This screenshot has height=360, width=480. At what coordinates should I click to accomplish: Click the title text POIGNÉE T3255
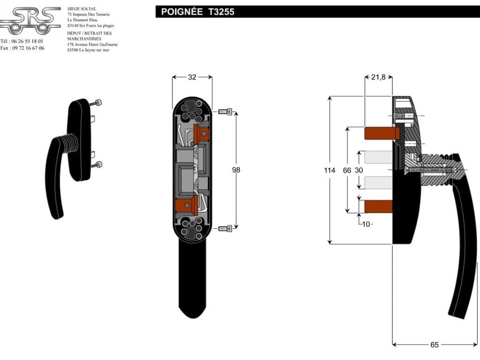[197, 12]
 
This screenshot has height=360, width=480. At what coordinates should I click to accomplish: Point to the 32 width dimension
[192, 77]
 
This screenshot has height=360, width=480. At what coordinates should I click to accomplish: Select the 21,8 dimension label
[378, 77]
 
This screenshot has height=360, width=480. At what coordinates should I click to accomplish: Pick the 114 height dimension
[330, 170]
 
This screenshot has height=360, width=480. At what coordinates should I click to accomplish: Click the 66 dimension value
[347, 170]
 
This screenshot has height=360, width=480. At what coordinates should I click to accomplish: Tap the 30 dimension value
[359, 170]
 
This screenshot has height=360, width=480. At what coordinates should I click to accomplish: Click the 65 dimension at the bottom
[434, 345]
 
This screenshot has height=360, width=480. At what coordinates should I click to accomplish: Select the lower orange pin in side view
[378, 205]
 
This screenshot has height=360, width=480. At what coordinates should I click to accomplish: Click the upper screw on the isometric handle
[98, 103]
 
